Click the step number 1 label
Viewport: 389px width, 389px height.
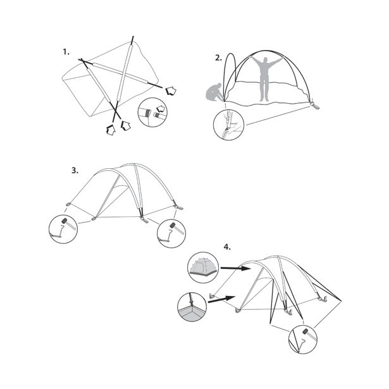(x=66, y=52)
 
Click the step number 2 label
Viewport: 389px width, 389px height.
(x=218, y=58)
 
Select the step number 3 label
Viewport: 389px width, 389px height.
(x=75, y=171)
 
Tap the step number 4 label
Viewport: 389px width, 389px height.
(x=227, y=247)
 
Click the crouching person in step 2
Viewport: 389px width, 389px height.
(x=214, y=92)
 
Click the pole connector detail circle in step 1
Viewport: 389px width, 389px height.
(x=152, y=113)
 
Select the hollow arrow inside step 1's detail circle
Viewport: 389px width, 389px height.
(x=161, y=108)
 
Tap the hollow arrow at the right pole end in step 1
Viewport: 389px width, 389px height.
(x=171, y=91)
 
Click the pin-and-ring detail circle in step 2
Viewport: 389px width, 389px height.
(x=228, y=125)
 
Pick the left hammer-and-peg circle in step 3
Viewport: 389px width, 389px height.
(x=63, y=229)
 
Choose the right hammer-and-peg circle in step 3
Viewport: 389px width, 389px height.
(x=171, y=233)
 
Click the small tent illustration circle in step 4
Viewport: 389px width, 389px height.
(x=204, y=268)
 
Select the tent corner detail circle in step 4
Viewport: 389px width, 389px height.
(x=192, y=307)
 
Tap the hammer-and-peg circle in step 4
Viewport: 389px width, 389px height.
(x=303, y=339)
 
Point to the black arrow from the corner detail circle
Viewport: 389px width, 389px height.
(x=221, y=299)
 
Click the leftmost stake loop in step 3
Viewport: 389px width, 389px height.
(x=68, y=204)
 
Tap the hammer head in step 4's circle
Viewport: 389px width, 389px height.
(x=305, y=331)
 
